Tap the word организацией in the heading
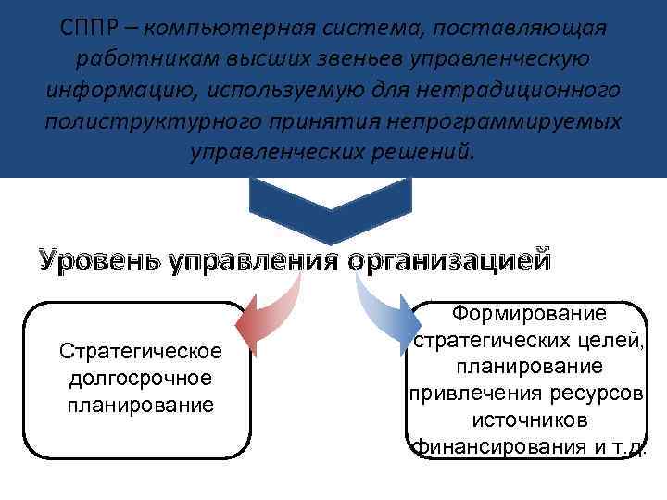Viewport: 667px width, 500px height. coord(448,259)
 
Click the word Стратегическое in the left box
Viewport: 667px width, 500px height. coord(140,353)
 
